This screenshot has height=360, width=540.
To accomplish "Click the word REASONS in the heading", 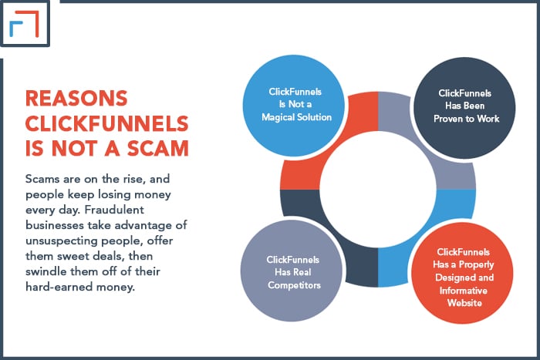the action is (x=76, y=98).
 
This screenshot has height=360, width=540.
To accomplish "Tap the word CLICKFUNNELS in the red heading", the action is (x=106, y=123).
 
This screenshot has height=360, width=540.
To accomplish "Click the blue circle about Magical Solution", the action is (x=294, y=106).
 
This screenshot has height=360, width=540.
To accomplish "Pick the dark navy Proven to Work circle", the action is (x=464, y=108).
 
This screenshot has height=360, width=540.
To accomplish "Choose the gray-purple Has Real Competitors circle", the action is (x=292, y=271).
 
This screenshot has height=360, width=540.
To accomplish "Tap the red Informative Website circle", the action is (x=462, y=273).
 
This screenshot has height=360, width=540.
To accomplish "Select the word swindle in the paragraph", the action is (x=46, y=271).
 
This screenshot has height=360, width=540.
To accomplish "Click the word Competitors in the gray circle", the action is (x=294, y=285).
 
